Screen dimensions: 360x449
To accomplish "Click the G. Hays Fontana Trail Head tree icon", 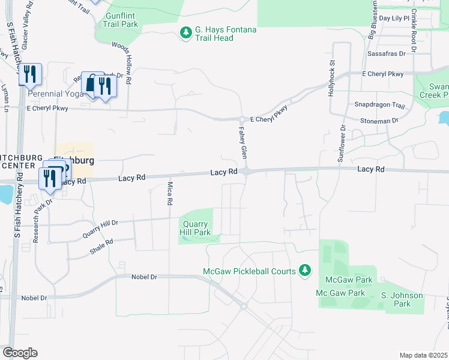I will point(187,31).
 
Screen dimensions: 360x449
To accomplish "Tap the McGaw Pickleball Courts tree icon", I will point(306,271).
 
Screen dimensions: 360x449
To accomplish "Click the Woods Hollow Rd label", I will point(128,63).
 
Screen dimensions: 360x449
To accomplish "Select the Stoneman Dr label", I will point(379,121).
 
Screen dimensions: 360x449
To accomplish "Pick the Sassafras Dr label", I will point(386,53).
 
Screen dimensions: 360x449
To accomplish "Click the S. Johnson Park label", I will point(402,299).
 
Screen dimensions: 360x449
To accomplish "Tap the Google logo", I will point(20,352).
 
